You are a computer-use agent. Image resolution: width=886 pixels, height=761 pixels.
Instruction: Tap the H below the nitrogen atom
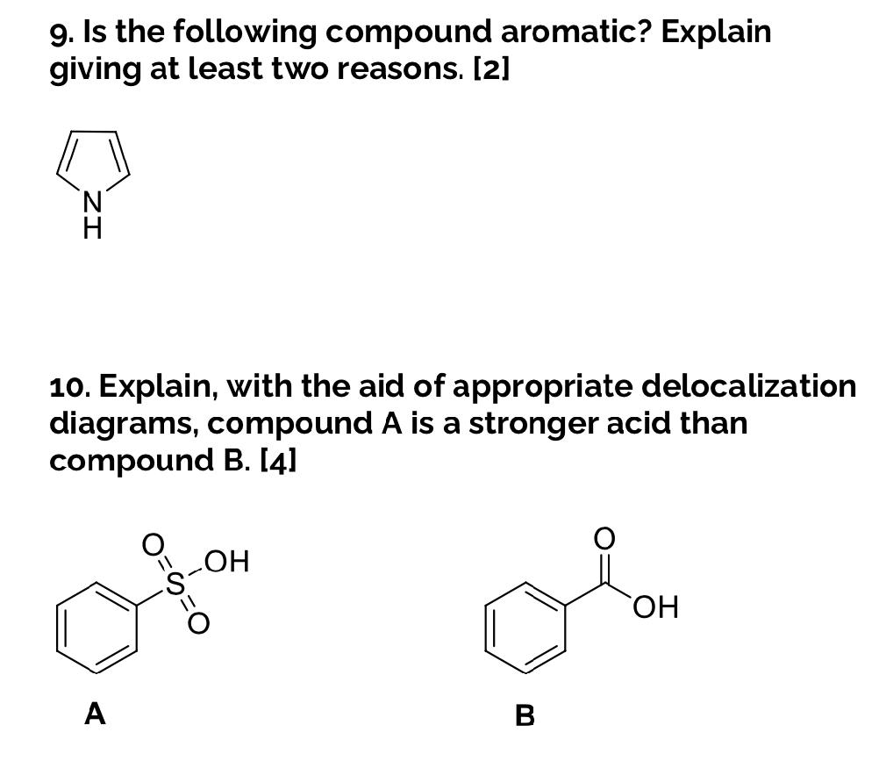(x=92, y=230)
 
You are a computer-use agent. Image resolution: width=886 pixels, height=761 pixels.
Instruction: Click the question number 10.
(x=68, y=386)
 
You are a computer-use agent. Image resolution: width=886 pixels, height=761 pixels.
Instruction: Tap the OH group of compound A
(x=227, y=560)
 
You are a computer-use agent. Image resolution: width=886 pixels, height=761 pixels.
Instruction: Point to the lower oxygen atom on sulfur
(x=199, y=622)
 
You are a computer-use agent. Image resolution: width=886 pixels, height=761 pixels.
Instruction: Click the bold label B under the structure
(x=525, y=716)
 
